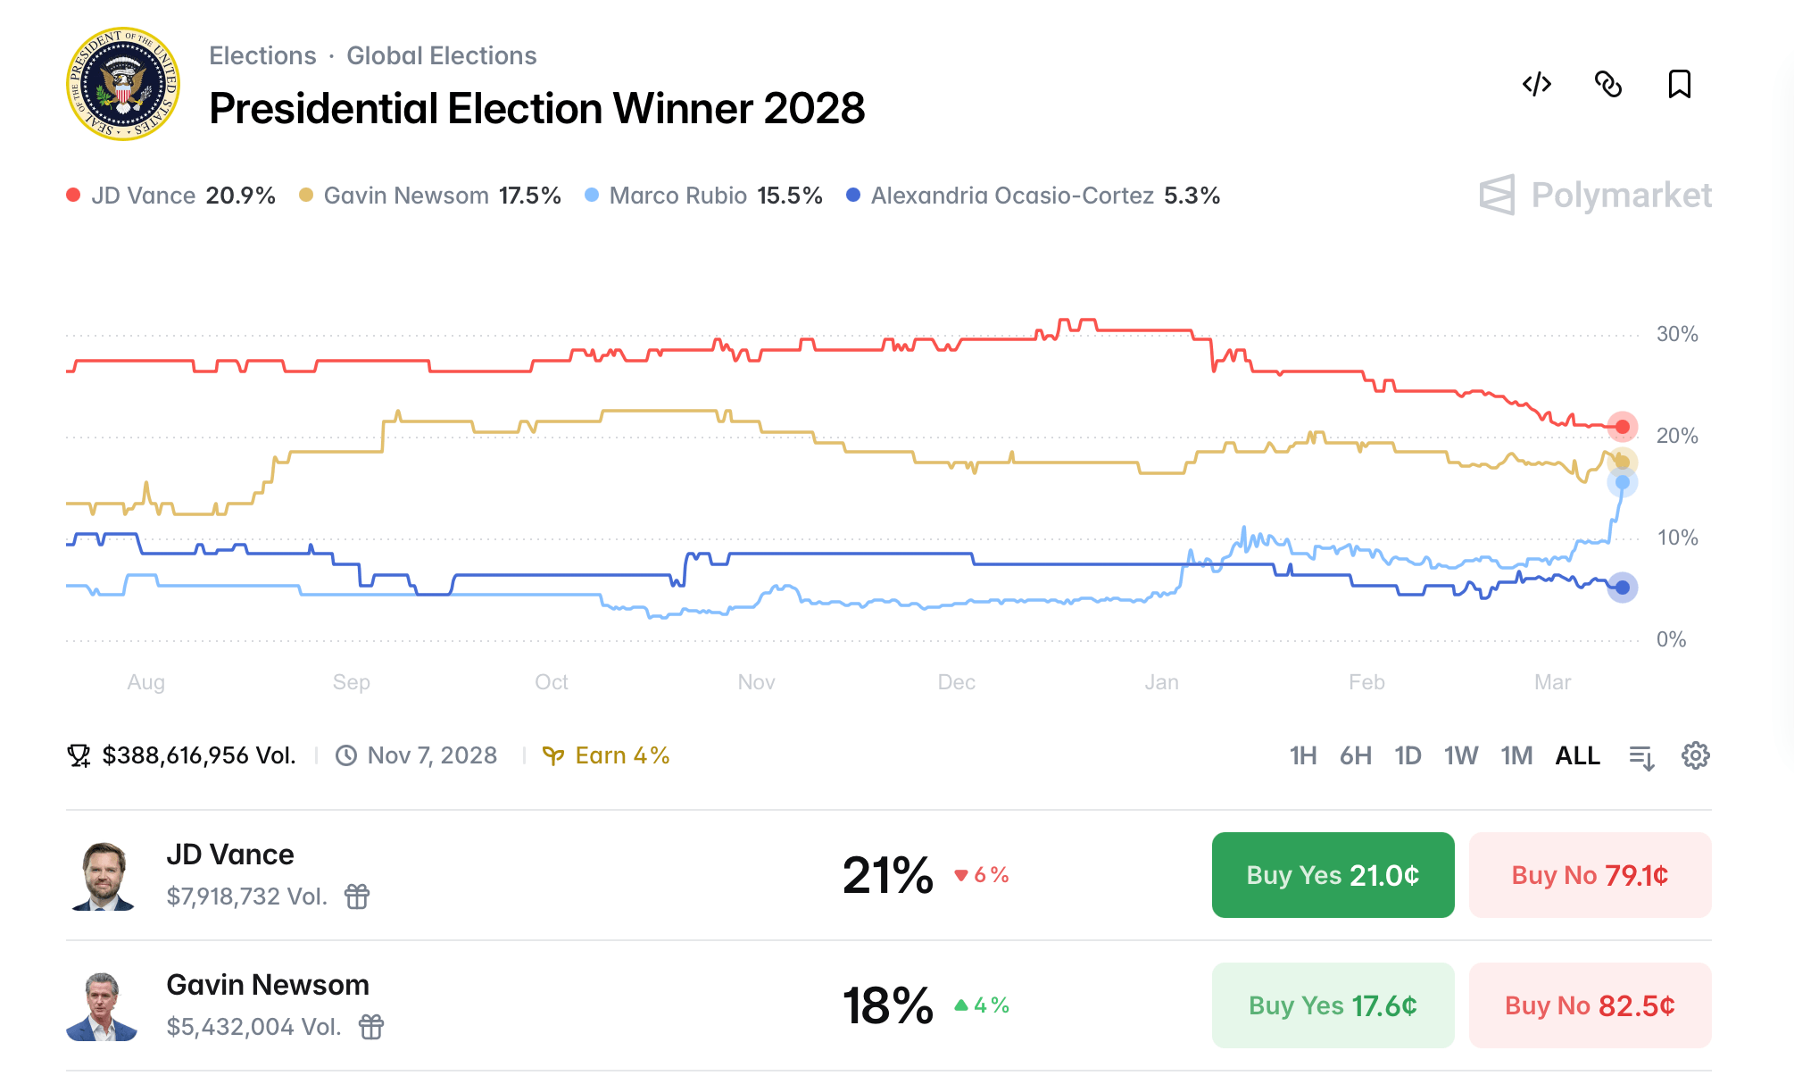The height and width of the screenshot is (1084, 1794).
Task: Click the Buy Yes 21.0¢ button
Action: (1332, 875)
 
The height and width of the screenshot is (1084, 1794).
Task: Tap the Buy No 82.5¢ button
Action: (1589, 1005)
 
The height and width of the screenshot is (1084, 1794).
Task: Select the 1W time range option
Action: (1460, 755)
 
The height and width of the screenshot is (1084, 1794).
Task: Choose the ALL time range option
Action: (1576, 755)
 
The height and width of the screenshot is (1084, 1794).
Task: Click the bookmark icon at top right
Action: (1679, 84)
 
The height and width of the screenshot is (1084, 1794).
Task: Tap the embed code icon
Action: (1536, 84)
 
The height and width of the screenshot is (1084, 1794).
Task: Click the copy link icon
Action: (1607, 84)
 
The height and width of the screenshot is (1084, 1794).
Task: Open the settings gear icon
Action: (1695, 755)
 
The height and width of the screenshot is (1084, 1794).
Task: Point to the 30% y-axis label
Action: (1676, 334)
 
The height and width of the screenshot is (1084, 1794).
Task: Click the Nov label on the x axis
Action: (756, 682)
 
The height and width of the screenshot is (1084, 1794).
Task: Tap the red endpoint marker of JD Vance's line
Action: (1622, 427)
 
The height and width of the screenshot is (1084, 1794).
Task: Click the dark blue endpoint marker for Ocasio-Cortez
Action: (1622, 588)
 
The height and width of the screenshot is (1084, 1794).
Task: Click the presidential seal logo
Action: (123, 84)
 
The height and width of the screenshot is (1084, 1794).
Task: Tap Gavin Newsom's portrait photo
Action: (103, 1006)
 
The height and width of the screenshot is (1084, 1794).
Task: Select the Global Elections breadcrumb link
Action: (441, 55)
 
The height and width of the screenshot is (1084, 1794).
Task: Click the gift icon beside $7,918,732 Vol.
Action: (357, 896)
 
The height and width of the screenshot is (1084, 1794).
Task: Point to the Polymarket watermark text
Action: (1620, 195)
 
